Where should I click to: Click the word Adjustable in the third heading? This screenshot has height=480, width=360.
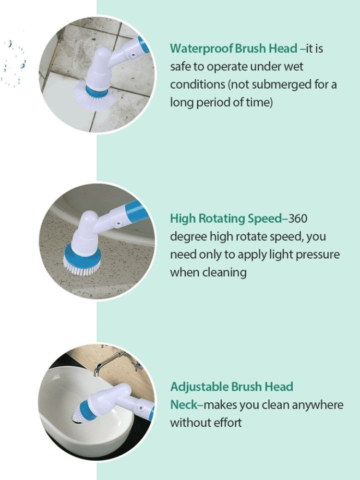(x=199, y=387)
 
